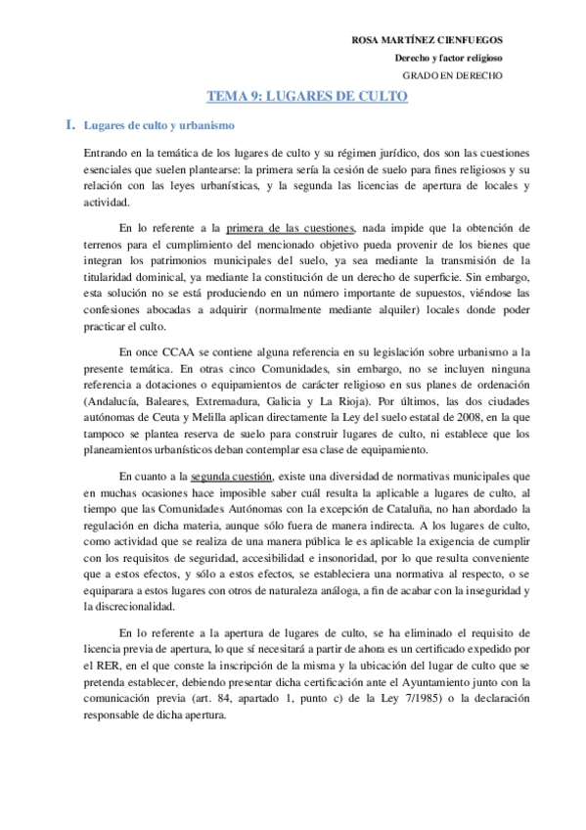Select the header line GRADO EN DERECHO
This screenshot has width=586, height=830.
point(454,75)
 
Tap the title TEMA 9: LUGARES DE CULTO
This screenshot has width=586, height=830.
point(306,97)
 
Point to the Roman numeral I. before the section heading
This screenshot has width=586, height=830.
point(69,125)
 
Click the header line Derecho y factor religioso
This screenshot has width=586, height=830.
point(443,58)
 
